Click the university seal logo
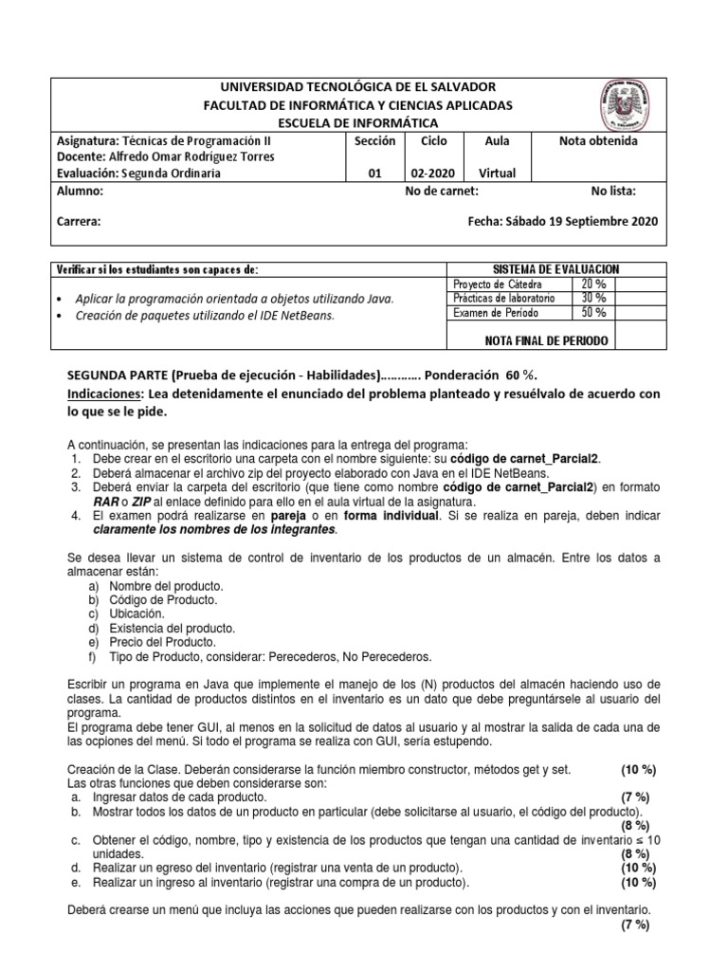(x=631, y=106)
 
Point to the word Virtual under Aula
(x=497, y=174)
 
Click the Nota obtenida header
(x=599, y=141)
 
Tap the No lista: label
(x=613, y=191)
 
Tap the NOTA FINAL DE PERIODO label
(x=545, y=339)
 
